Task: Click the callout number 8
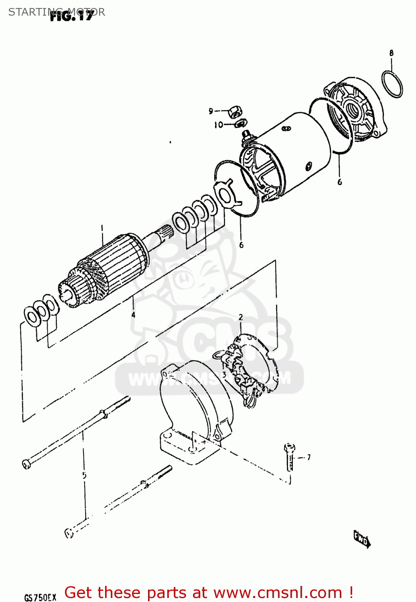(391, 53)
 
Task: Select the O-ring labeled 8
(392, 84)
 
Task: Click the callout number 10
(219, 125)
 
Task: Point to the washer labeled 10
(241, 124)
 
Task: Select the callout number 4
(133, 315)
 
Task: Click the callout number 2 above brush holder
(241, 317)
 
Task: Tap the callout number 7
(308, 457)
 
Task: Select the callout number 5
(84, 476)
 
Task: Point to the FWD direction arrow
(361, 539)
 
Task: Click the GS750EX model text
(40, 598)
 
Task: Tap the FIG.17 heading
(71, 16)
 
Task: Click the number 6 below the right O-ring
(340, 182)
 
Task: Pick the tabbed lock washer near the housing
(227, 192)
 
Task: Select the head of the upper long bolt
(26, 464)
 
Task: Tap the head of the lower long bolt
(69, 533)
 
